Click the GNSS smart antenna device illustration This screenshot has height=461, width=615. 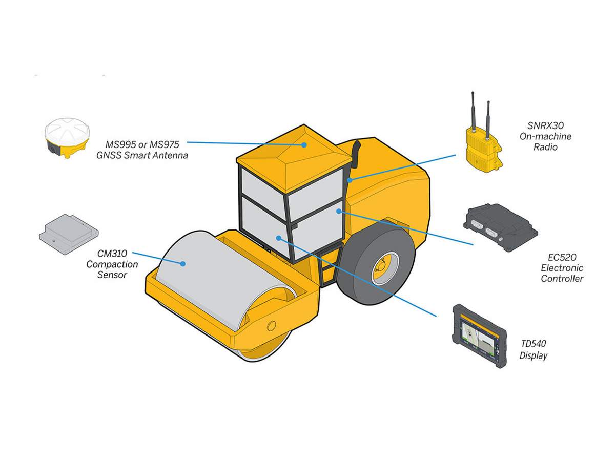(x=67, y=137)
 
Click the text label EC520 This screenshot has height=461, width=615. (x=562, y=257)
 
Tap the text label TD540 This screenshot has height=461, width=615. (x=533, y=344)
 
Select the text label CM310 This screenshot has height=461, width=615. (x=112, y=253)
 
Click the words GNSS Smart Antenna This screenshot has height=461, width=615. (x=142, y=155)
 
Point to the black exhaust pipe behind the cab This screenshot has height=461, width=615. (x=355, y=159)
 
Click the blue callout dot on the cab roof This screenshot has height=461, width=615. (x=304, y=144)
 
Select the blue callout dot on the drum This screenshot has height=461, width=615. (x=182, y=264)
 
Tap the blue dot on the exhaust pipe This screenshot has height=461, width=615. (x=350, y=180)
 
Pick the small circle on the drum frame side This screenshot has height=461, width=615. (x=271, y=325)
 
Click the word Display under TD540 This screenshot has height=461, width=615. (x=533, y=355)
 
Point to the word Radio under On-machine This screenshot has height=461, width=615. (x=545, y=148)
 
